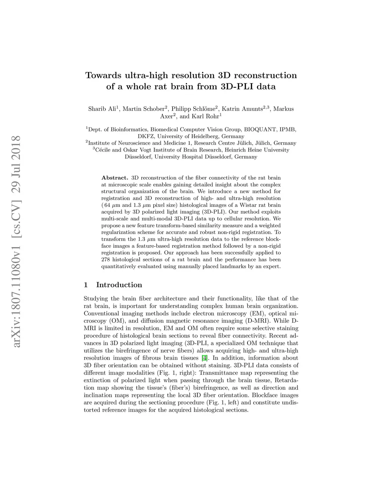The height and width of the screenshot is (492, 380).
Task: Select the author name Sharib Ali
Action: [102, 109]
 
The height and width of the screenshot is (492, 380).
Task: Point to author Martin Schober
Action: [143, 109]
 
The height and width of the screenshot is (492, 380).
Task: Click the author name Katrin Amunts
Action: [242, 109]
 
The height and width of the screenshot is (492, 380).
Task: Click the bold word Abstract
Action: [115, 178]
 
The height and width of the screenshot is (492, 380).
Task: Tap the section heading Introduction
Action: [119, 285]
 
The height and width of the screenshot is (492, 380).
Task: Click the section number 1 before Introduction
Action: [86, 285]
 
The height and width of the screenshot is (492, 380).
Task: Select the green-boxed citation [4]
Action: [204, 358]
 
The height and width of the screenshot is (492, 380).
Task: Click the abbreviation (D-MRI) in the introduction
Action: [258, 321]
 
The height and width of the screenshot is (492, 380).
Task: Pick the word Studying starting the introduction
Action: [96, 299]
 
